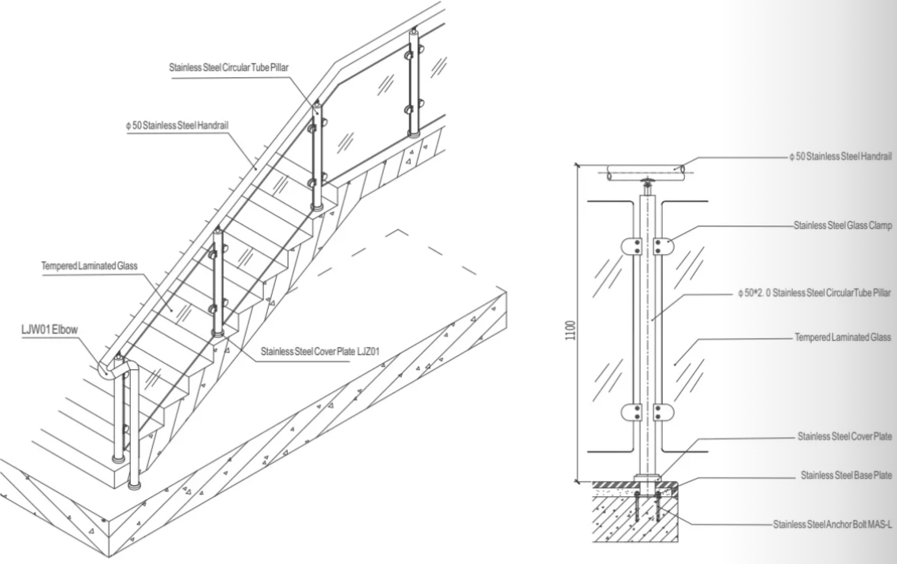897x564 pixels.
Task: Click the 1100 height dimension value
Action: click(570, 331)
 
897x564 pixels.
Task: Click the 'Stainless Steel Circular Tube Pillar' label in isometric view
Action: click(229, 68)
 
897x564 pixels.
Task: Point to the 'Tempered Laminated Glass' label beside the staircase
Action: click(89, 267)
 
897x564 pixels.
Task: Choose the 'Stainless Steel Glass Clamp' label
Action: click(843, 226)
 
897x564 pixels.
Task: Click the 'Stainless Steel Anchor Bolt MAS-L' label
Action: click(832, 525)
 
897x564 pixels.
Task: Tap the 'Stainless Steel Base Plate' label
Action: click(846, 475)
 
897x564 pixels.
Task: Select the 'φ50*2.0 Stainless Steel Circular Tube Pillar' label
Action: click(814, 293)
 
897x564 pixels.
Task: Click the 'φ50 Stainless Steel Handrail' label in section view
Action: click(840, 156)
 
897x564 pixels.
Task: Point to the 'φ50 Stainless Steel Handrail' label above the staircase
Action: click(178, 125)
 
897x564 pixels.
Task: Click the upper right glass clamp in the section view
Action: click(664, 247)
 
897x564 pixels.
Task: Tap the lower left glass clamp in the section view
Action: click(631, 413)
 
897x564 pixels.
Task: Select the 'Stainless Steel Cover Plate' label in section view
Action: click(844, 437)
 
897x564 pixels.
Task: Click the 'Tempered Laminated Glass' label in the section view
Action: click(843, 338)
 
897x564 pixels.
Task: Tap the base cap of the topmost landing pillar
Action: click(414, 135)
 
